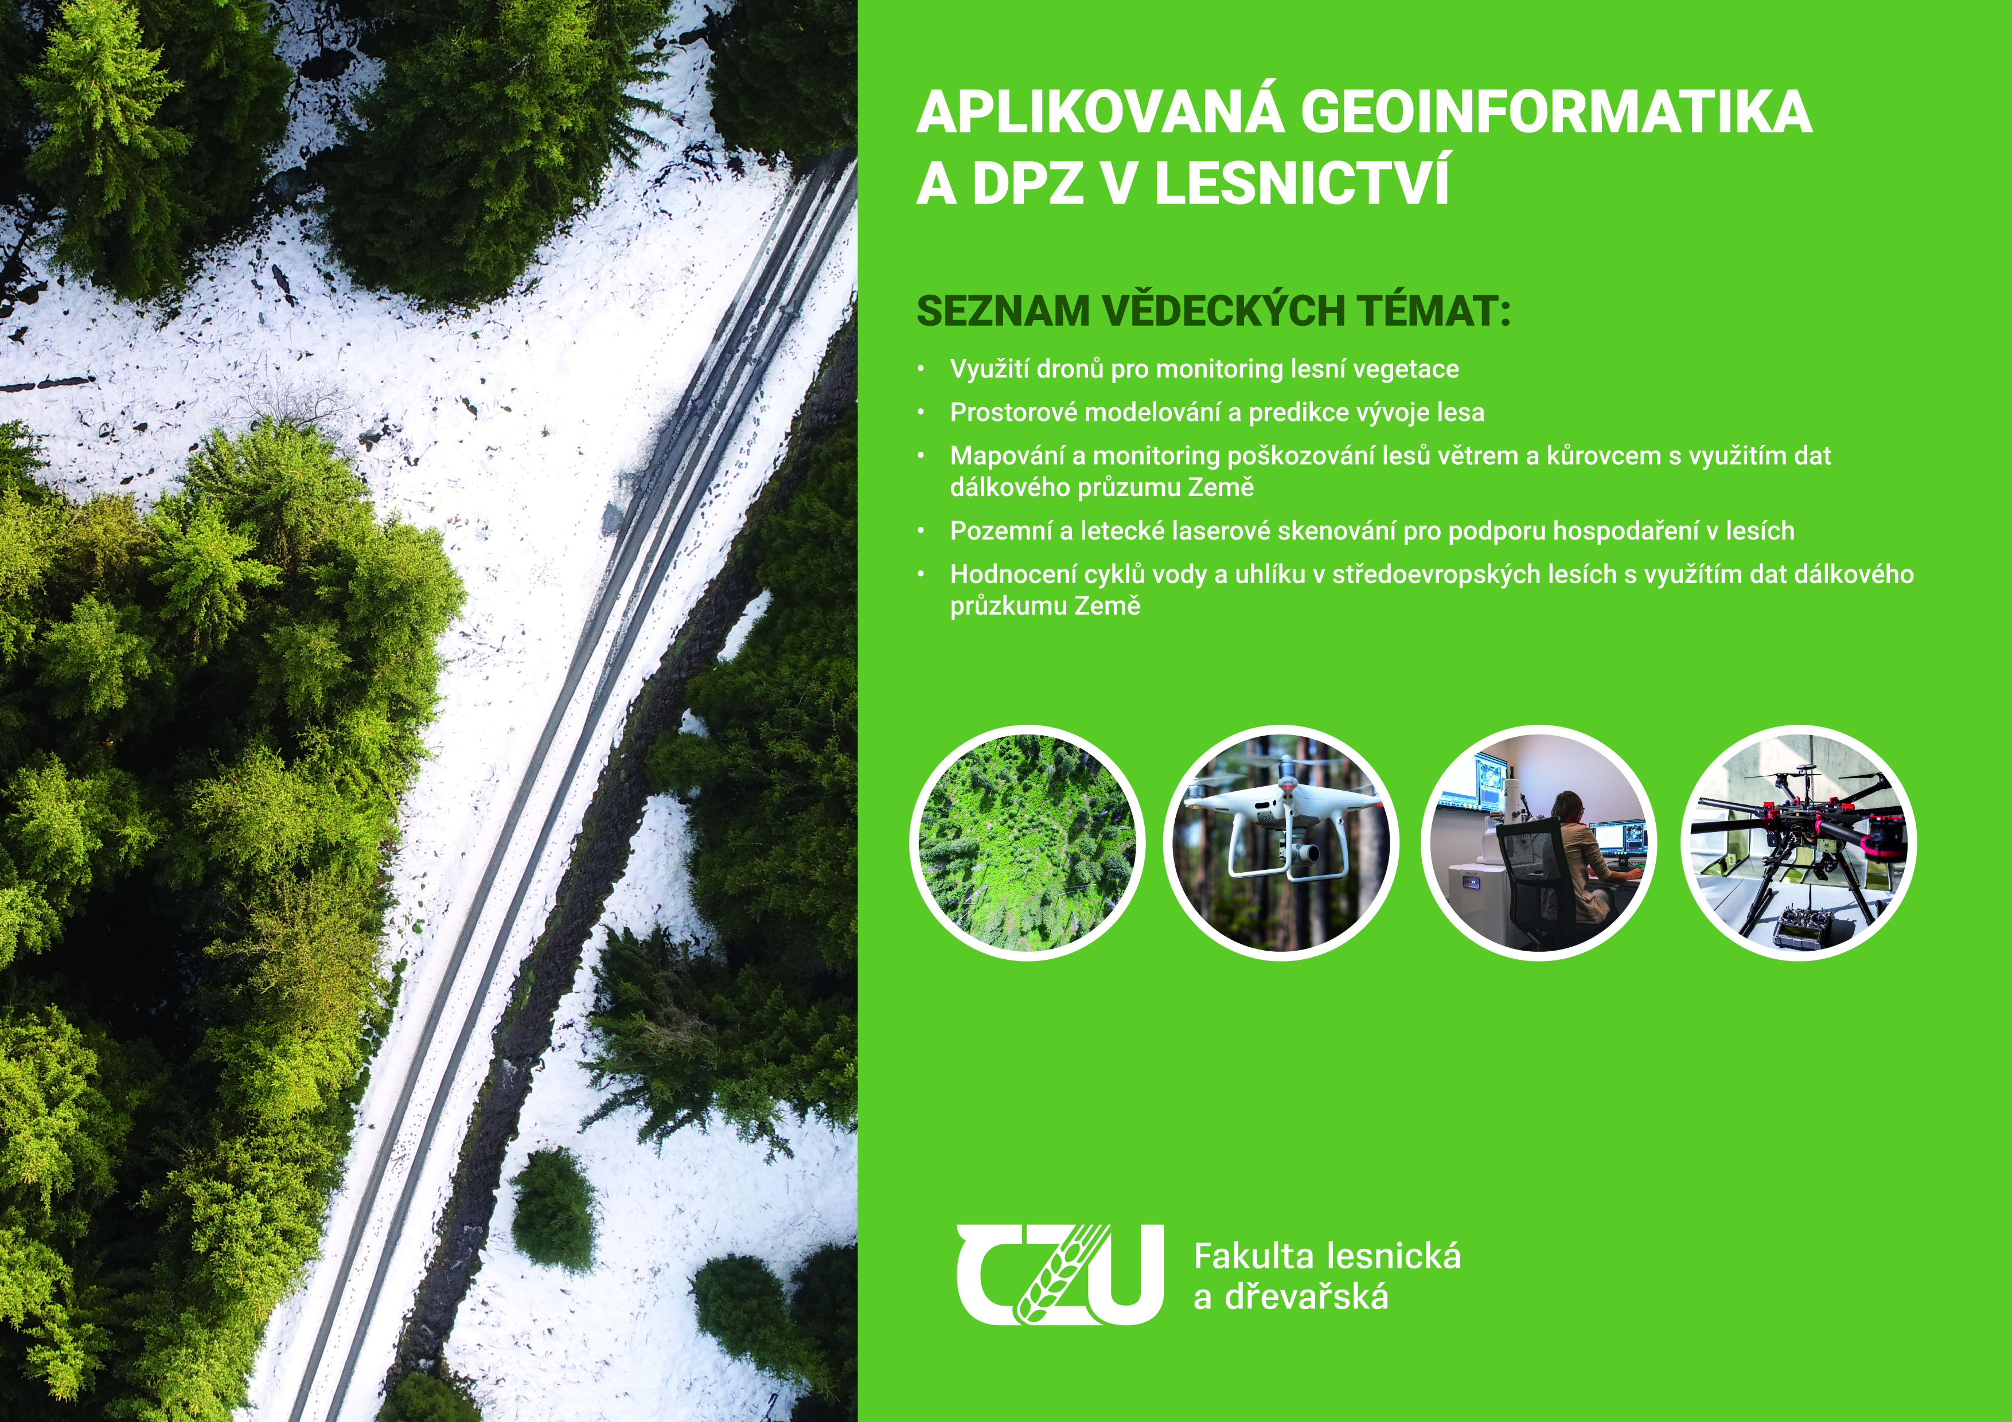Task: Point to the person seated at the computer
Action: tap(1577, 863)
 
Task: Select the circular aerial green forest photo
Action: tap(1027, 843)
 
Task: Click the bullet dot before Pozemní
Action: tap(921, 531)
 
